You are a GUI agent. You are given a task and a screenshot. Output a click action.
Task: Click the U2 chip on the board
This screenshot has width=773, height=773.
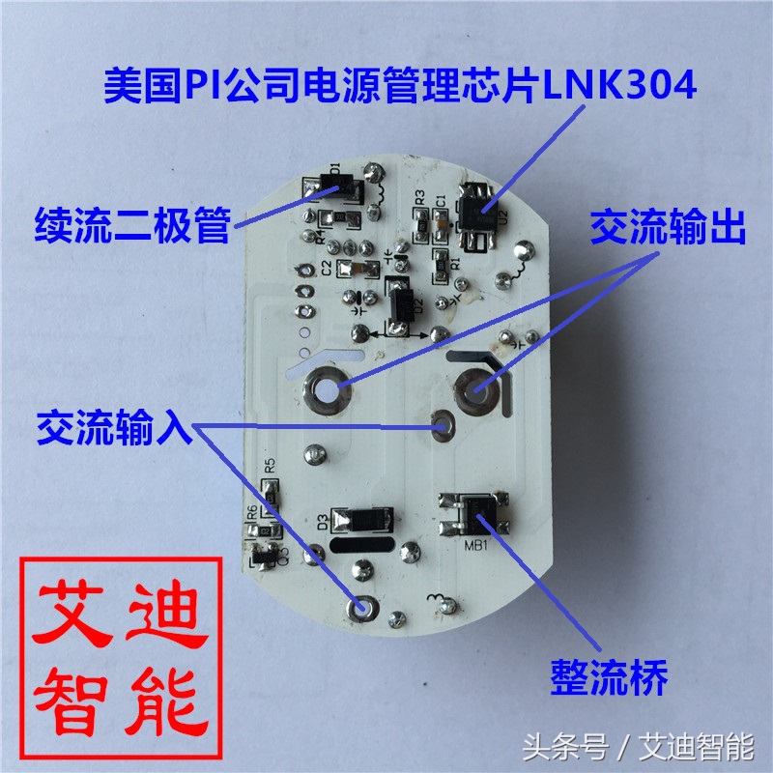pyautogui.click(x=475, y=208)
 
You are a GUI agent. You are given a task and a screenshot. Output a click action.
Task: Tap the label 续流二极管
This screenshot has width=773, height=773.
pyautogui.click(x=133, y=225)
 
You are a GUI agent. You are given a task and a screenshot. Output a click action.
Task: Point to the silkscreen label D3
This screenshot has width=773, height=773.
pyautogui.click(x=320, y=523)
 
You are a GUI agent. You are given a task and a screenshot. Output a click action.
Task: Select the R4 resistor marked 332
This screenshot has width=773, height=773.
pyautogui.click(x=333, y=216)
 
